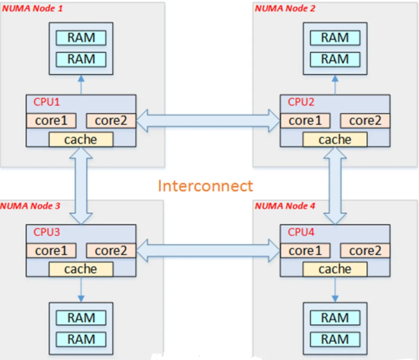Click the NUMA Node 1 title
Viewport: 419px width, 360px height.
pos(33,8)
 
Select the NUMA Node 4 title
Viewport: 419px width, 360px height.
pos(285,206)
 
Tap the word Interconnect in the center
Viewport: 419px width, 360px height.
pos(205,186)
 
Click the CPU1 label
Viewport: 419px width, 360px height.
pos(47,102)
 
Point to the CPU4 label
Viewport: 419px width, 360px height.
pos(301,232)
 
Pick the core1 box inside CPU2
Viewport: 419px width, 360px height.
pos(305,121)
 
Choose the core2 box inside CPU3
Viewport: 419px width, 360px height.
pos(111,251)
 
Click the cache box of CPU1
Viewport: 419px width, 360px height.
pos(81,139)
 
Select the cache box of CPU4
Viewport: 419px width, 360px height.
pos(334,269)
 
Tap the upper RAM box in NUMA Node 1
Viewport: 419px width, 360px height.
pos(81,38)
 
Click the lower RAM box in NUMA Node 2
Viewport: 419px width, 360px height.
pos(335,59)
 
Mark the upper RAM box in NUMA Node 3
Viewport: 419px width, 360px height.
pos(81,318)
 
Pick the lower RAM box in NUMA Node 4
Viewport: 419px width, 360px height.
pos(335,339)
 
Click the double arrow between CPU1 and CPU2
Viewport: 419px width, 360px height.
pos(208,120)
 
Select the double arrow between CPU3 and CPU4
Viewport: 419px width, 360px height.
pos(208,251)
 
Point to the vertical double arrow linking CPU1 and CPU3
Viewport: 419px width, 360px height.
pos(81,185)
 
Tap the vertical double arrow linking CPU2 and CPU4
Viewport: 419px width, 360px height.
pos(335,185)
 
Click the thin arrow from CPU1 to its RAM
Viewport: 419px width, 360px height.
pos(81,85)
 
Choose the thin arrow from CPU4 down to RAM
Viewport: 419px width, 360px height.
pos(335,289)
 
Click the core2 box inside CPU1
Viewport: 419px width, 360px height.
pos(111,121)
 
